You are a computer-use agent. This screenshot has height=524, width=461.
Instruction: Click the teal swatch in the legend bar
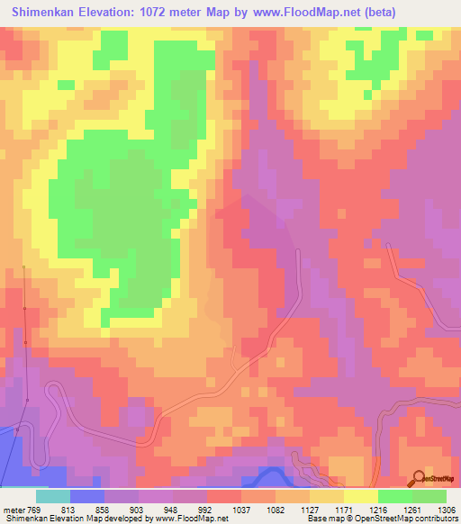(x=53, y=496)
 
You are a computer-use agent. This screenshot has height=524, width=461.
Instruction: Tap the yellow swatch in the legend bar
(x=361, y=496)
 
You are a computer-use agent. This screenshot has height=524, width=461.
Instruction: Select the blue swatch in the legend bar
(x=87, y=496)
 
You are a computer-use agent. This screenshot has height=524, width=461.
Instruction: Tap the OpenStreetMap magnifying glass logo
(x=418, y=477)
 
